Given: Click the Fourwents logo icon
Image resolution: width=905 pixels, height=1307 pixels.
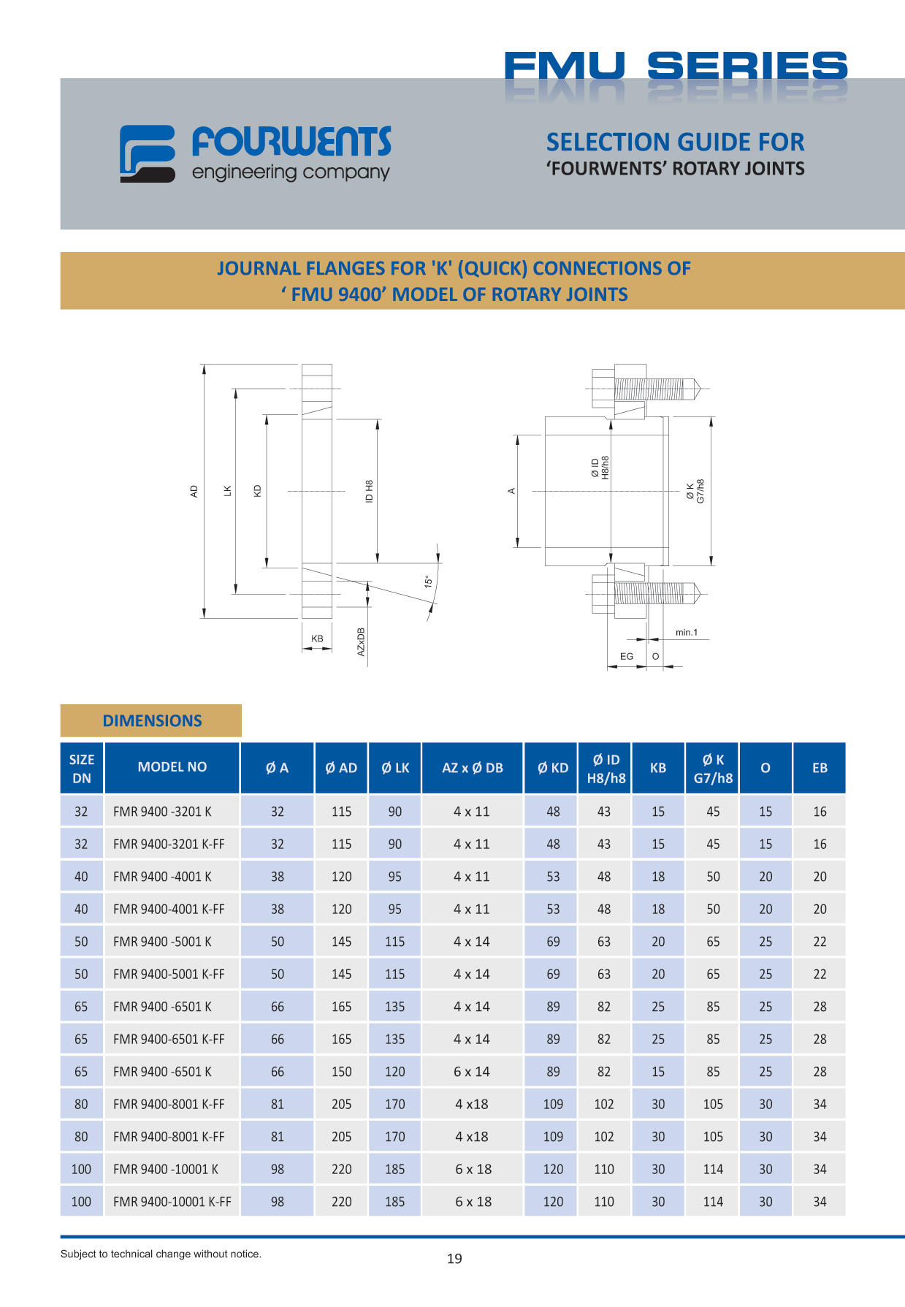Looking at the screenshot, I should (x=147, y=153).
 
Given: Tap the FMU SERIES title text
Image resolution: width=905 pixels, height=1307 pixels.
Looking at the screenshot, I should (x=675, y=66).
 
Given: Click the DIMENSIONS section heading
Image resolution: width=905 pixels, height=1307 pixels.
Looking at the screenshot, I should (x=152, y=720).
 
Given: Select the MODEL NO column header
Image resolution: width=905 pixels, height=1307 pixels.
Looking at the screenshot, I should (x=172, y=767).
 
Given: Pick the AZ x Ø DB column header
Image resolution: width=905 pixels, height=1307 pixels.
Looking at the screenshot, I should (x=473, y=768).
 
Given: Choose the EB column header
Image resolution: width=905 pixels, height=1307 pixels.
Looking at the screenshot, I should (x=820, y=768).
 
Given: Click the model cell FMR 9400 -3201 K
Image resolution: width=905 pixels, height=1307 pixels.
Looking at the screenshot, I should (x=162, y=812).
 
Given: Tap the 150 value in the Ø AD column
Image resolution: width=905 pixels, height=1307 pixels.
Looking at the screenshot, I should (x=341, y=1072).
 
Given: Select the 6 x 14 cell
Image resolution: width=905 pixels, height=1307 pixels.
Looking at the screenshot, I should (x=472, y=1072).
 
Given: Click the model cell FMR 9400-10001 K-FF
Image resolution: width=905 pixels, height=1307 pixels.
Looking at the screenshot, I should (x=172, y=1202).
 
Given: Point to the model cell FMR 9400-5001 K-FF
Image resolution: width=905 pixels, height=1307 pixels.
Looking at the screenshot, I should (x=169, y=975).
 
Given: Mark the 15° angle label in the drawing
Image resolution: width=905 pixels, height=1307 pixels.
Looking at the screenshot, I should (x=429, y=582).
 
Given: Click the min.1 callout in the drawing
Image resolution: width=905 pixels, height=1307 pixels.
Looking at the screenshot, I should (x=686, y=633).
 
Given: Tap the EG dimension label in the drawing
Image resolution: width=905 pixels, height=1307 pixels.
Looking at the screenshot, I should (x=627, y=656).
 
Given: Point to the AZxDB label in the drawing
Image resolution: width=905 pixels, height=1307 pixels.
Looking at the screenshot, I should (x=361, y=641).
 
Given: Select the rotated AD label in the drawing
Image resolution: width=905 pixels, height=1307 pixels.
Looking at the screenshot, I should (x=194, y=491).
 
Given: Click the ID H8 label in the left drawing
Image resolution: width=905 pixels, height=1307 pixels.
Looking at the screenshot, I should (x=370, y=491).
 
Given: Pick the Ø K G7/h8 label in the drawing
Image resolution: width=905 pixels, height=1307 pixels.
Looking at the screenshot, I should (x=695, y=491).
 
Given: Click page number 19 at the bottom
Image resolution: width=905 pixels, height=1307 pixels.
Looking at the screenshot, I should (x=454, y=1258).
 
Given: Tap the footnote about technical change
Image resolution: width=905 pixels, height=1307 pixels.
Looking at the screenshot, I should (x=161, y=1254).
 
